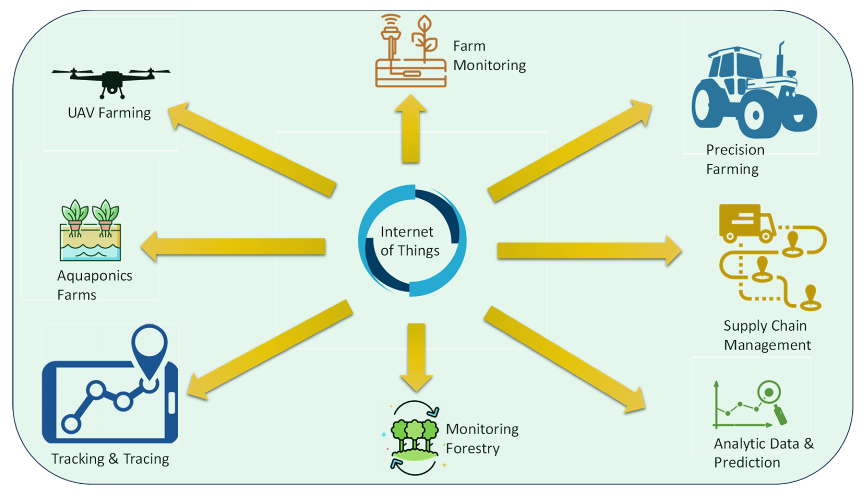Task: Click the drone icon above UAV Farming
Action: (111, 81)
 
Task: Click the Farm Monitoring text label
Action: (489, 56)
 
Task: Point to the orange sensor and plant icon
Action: (411, 51)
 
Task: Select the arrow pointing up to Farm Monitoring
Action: (411, 130)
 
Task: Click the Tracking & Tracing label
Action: (110, 459)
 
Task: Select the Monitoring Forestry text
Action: (482, 438)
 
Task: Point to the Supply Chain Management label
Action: (767, 335)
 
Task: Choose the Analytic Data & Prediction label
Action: (763, 453)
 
